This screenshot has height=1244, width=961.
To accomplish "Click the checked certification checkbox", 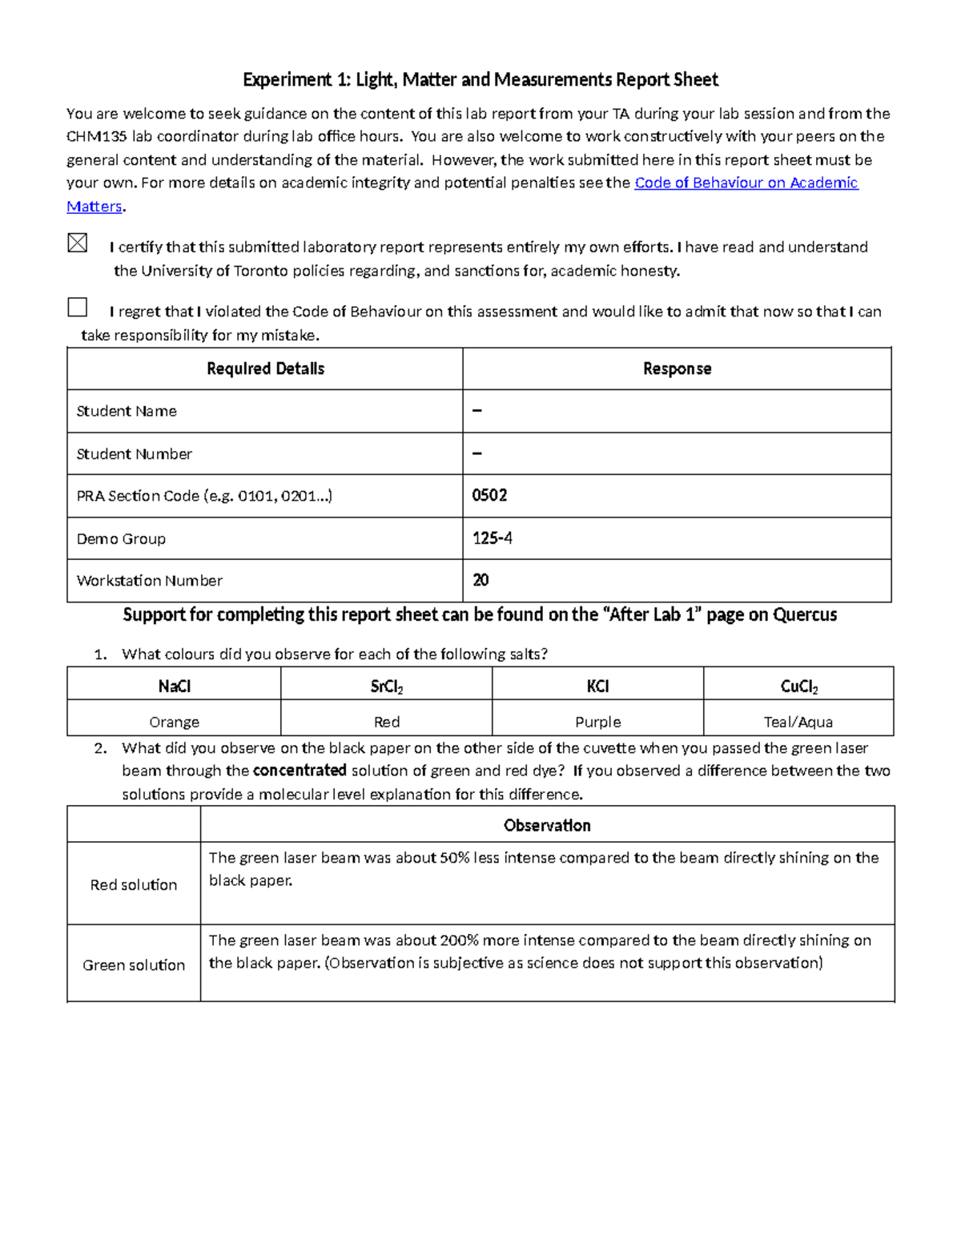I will pyautogui.click(x=78, y=243).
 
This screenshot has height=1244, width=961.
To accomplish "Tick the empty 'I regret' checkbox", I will pyautogui.click(x=78, y=307).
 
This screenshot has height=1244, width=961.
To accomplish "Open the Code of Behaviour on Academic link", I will pyautogui.click(x=746, y=183).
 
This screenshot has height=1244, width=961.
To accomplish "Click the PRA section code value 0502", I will pyautogui.click(x=489, y=495).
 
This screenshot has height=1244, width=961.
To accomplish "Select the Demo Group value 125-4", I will pyautogui.click(x=493, y=538).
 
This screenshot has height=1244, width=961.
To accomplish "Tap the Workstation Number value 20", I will pyautogui.click(x=480, y=580).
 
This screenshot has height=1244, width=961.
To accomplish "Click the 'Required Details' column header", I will pyautogui.click(x=265, y=368).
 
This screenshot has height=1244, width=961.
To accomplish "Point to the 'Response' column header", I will pyautogui.click(x=677, y=368).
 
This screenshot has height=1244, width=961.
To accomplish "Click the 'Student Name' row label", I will pyautogui.click(x=127, y=411).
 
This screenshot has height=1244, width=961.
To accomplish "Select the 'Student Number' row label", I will pyautogui.click(x=134, y=453).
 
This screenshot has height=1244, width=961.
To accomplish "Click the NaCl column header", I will pyautogui.click(x=174, y=686).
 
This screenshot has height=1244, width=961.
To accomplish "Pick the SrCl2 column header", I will pyautogui.click(x=386, y=686).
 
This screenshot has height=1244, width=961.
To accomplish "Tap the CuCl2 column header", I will pyautogui.click(x=798, y=686).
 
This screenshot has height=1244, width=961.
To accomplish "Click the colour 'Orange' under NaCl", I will pyautogui.click(x=174, y=722).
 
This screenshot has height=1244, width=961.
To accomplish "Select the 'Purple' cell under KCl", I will pyautogui.click(x=597, y=722).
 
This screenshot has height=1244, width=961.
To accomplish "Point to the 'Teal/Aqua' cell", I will pyautogui.click(x=798, y=722).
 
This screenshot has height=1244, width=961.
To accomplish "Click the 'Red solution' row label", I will pyautogui.click(x=134, y=884).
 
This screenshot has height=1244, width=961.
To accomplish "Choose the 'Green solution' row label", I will pyautogui.click(x=134, y=965).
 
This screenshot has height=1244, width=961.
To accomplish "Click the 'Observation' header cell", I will pyautogui.click(x=547, y=825).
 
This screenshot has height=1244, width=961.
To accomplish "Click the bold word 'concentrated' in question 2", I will pyautogui.click(x=300, y=771).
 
